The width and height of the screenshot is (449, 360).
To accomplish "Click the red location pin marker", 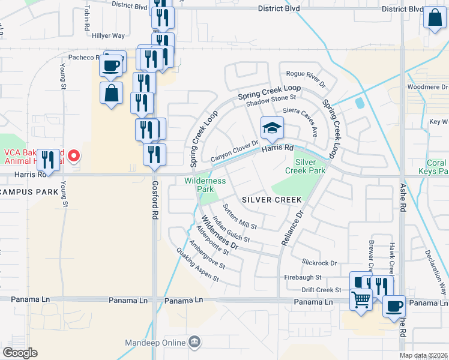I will (74, 157).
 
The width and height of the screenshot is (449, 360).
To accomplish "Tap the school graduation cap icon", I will (272, 127).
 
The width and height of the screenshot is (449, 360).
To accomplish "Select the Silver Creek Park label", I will (310, 166).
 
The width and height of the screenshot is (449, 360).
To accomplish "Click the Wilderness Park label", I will (205, 184).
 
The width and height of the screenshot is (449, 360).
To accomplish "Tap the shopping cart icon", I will (361, 298).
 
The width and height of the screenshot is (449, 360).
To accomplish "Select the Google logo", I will (20, 353).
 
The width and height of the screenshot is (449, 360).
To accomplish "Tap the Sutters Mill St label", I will (240, 217).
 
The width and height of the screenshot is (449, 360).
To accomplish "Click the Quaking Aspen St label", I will (197, 265).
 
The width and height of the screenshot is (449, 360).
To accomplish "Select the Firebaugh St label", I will (303, 277).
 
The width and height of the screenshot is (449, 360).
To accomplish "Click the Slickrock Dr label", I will (320, 263).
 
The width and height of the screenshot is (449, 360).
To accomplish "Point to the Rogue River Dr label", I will (305, 74).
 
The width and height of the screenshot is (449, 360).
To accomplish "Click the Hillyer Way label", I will (109, 36).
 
